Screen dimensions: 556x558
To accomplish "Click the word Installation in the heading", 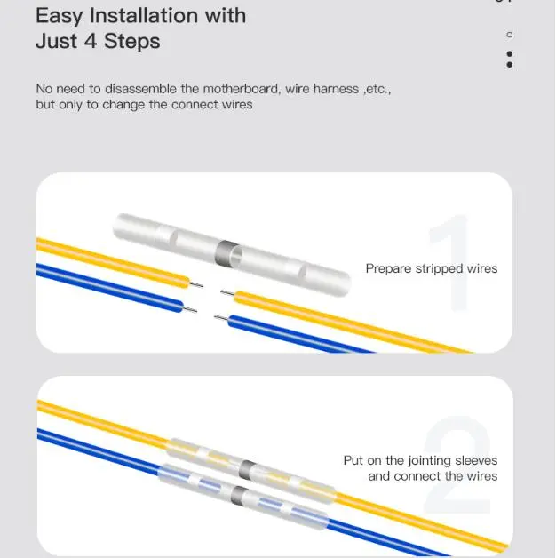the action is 144,16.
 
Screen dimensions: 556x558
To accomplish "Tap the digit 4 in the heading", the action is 91,41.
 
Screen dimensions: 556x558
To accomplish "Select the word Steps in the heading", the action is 131,42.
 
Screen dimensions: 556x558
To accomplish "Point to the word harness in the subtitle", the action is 336,89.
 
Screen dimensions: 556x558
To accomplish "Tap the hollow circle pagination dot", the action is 510,35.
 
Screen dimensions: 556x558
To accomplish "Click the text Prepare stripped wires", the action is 432,268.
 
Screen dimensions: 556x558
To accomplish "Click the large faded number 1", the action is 449,262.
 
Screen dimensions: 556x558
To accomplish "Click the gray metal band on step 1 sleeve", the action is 226,251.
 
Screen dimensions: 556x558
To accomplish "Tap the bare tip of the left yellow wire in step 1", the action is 196,284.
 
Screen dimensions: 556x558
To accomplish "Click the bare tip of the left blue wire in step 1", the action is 190,309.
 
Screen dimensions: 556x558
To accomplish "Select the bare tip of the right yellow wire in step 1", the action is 227,293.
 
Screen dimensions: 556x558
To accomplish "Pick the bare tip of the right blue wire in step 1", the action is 221,317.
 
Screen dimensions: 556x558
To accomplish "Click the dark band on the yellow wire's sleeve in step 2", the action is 247,470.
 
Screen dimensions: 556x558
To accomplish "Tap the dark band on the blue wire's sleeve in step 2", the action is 239,495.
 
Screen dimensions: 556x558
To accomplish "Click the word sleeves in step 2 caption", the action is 476,460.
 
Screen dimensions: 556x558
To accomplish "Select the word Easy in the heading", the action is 59,17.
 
